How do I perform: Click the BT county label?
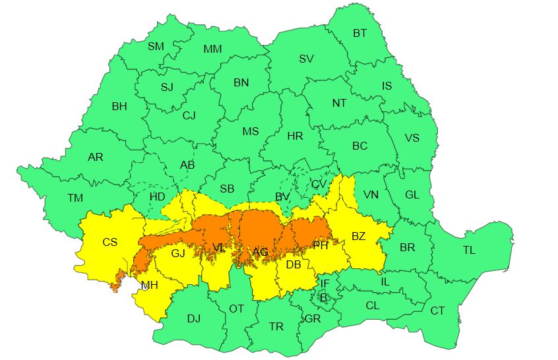point(359,33)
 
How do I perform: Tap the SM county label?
point(156,46)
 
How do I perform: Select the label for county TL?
point(469,250)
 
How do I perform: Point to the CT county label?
point(437,311)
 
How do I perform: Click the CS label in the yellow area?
point(109,242)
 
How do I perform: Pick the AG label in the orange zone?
point(260,252)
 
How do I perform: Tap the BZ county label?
point(359,236)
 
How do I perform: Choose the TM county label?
point(75,198)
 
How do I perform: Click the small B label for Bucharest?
point(323,297)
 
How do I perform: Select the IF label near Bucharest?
point(324,284)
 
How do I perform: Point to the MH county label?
point(149,285)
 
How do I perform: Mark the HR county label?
point(295,136)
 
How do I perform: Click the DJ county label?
point(193,318)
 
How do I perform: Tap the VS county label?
point(412,138)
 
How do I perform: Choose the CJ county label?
point(189,116)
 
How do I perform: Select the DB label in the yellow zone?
point(294,265)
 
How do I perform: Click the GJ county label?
point(179,253)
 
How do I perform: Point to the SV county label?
point(306,59)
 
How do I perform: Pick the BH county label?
point(119,105)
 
